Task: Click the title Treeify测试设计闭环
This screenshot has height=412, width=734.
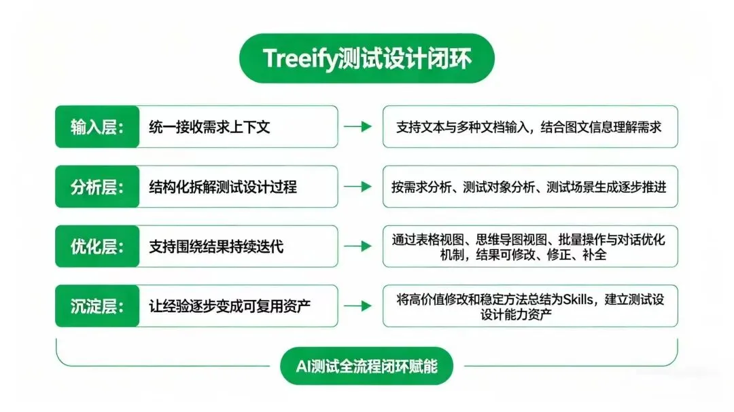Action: coord(366,58)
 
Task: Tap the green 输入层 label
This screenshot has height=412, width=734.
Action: coord(97,127)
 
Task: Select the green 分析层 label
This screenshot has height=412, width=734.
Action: coord(97,187)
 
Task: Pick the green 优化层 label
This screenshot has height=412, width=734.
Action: coord(97,246)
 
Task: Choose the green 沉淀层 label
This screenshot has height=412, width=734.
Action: coord(97,306)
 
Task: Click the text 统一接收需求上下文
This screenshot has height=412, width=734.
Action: coord(209,127)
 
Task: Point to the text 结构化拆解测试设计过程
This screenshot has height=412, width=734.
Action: coord(223,187)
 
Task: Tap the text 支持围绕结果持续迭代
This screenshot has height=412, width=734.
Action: coord(216,246)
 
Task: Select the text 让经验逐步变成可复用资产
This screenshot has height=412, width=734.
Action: coord(230,306)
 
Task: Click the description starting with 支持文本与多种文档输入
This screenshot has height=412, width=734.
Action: coord(529,127)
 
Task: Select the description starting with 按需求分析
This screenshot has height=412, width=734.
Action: coord(529,187)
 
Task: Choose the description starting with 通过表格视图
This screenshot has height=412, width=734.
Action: coord(529,246)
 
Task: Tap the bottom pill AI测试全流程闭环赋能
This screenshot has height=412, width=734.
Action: coord(366,367)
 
